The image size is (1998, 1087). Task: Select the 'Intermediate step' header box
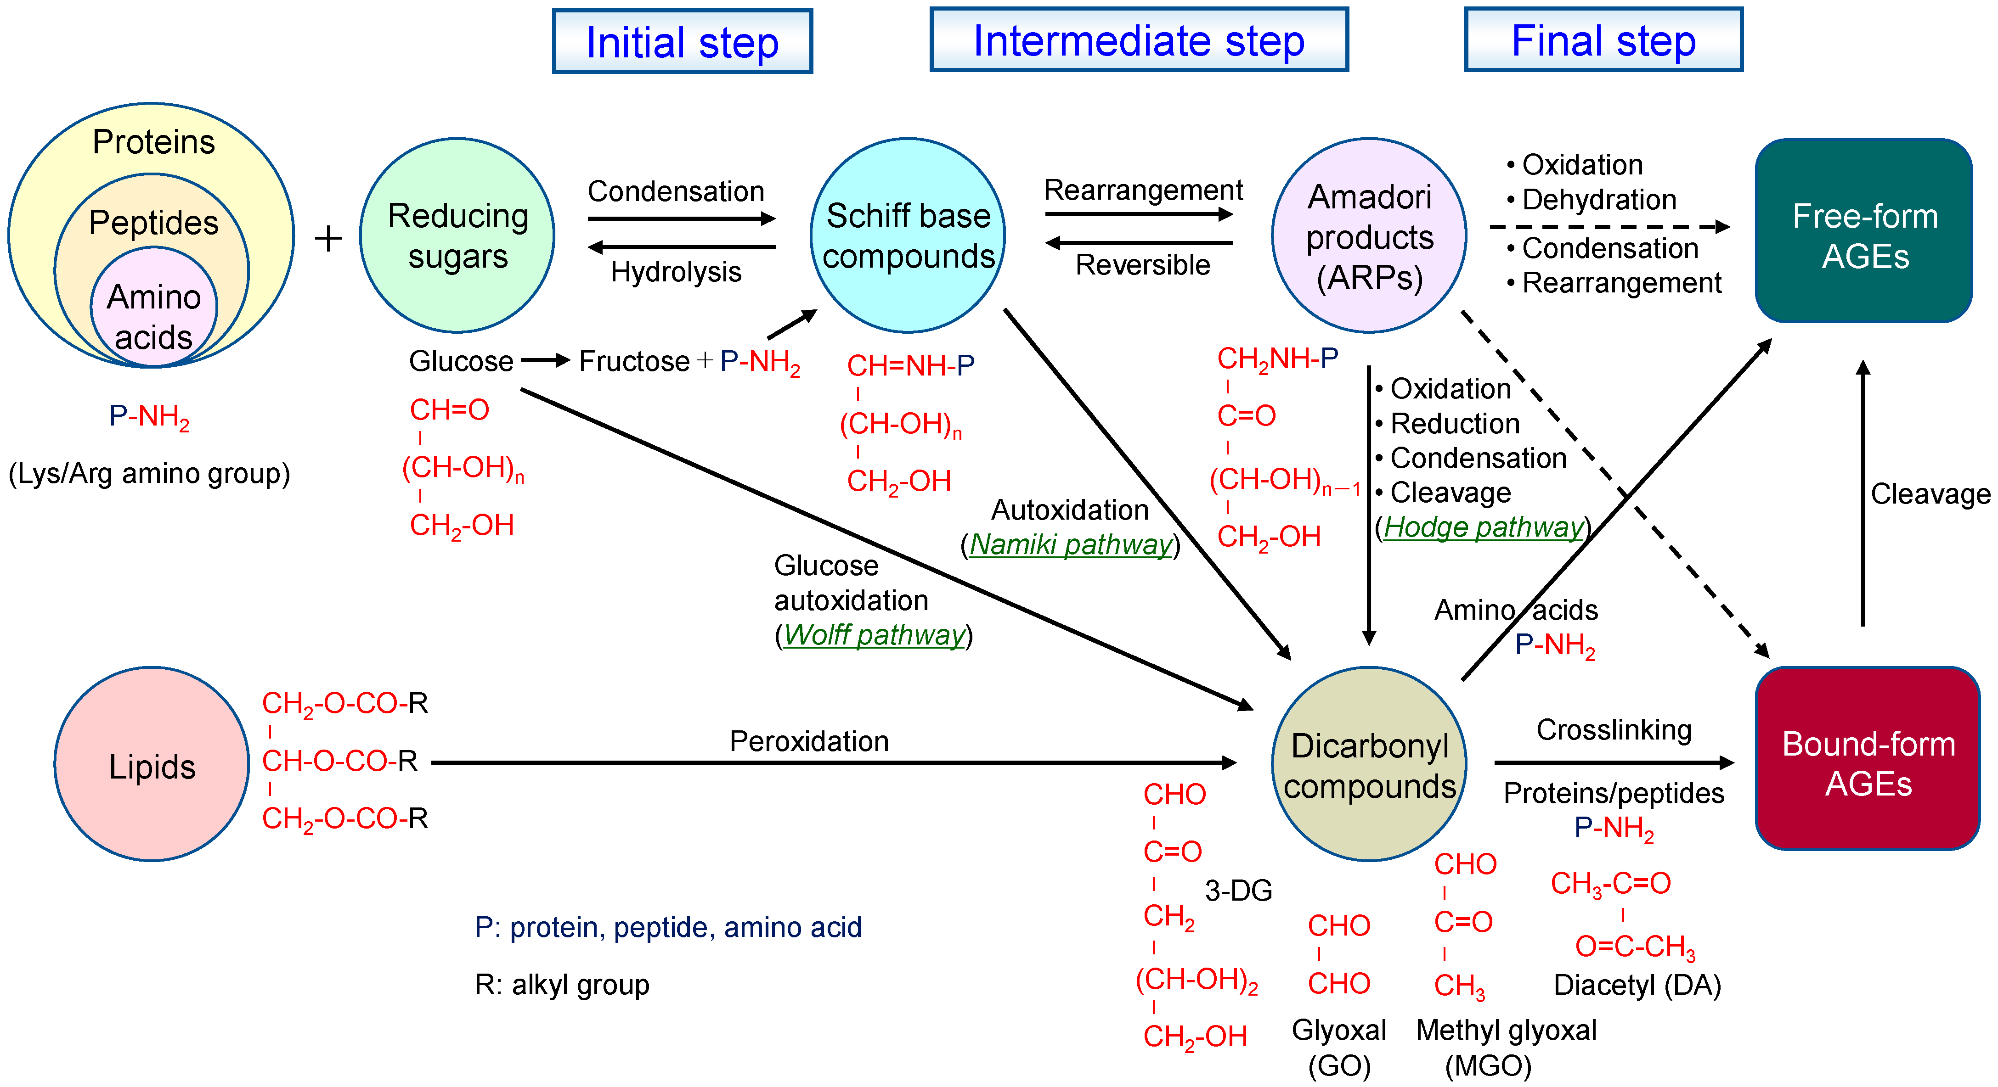click(x=1139, y=40)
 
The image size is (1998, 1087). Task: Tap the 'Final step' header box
click(x=1603, y=40)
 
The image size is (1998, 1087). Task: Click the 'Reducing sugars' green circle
click(x=457, y=235)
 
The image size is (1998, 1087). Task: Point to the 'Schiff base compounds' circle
click(x=908, y=235)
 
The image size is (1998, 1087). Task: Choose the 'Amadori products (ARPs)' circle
click(x=1369, y=235)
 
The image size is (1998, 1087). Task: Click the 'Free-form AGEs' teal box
click(x=1864, y=231)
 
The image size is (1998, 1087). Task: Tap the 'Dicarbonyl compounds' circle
click(x=1369, y=764)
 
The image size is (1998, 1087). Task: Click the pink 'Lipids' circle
click(x=152, y=764)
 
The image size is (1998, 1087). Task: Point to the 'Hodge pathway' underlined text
click(x=1483, y=527)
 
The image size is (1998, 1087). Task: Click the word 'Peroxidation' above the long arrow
click(x=809, y=741)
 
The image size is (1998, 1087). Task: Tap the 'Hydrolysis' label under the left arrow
click(x=676, y=272)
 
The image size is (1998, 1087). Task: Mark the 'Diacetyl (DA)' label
click(x=1637, y=986)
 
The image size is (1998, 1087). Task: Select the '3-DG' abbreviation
click(x=1238, y=891)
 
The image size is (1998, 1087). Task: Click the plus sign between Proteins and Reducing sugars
click(x=328, y=238)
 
